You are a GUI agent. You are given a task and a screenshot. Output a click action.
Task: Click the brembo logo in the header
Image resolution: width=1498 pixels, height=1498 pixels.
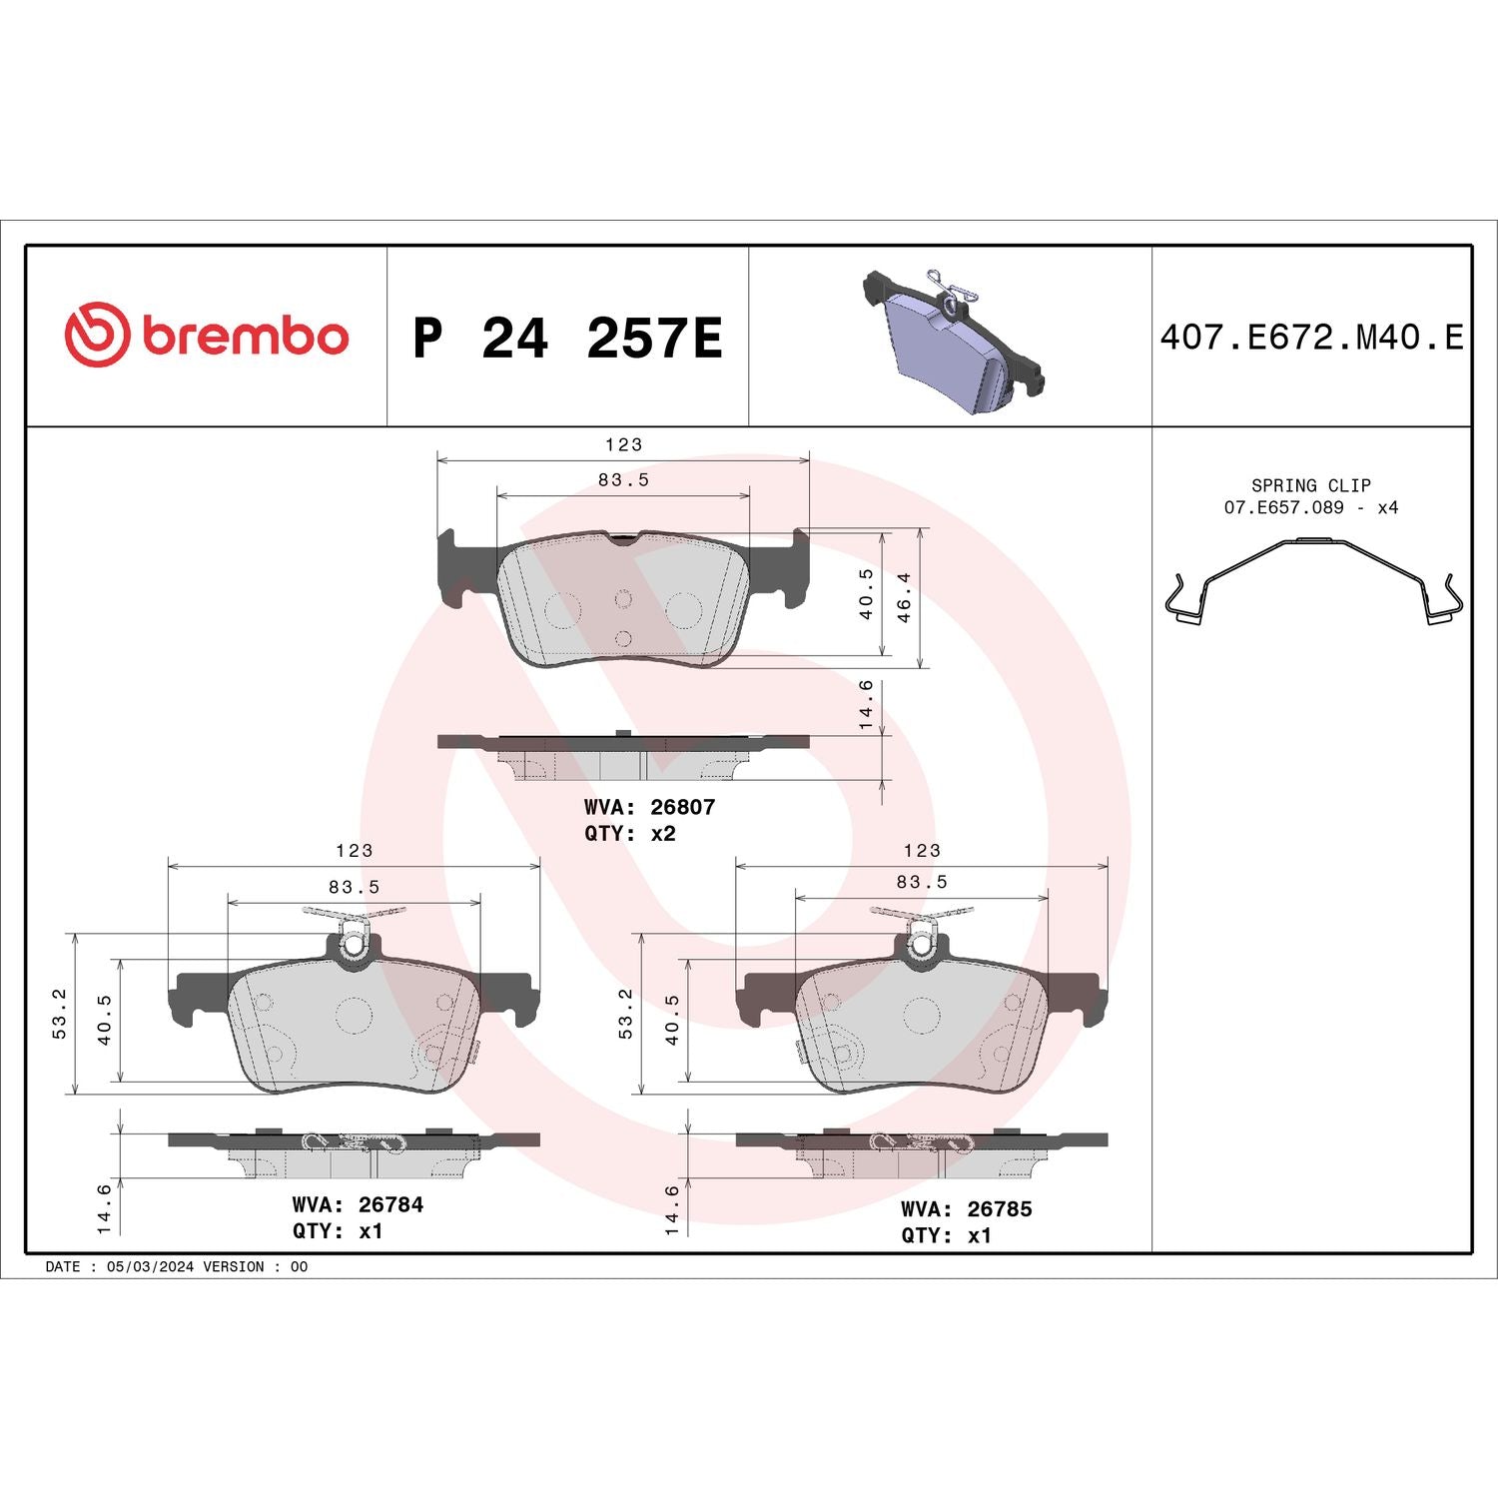[207, 335]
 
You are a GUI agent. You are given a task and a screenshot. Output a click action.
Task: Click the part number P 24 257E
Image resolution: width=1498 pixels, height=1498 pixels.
[566, 338]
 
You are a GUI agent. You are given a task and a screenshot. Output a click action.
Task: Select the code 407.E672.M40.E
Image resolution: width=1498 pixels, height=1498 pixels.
[1311, 338]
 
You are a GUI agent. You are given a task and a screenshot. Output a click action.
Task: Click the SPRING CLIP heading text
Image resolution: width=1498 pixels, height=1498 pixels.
[1310, 485]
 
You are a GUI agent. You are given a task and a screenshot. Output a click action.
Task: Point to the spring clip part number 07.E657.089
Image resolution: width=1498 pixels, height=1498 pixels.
[1283, 507]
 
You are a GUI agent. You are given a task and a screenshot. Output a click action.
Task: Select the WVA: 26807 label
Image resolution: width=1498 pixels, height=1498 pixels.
[649, 807]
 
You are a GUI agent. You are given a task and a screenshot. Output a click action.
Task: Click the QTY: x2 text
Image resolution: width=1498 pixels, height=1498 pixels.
[630, 833]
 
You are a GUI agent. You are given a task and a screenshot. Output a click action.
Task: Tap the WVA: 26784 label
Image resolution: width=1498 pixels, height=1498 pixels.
[358, 1204]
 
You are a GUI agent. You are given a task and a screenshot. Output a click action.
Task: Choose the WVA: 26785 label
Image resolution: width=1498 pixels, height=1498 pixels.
[966, 1208]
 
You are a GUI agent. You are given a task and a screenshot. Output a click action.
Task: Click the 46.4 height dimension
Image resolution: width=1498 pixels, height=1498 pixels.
[904, 597]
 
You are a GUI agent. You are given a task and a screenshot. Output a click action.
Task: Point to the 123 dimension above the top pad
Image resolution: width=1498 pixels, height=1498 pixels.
[623, 444]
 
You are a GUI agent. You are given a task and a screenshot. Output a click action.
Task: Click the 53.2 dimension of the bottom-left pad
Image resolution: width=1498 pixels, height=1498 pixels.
[59, 1014]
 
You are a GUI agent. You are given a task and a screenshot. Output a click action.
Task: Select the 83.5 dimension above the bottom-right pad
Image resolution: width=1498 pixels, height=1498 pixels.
[922, 882]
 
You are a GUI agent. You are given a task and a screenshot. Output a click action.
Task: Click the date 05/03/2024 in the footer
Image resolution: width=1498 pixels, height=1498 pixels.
[150, 1266]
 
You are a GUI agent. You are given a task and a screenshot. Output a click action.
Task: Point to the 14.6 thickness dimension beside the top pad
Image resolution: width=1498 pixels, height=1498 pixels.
[866, 704]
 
